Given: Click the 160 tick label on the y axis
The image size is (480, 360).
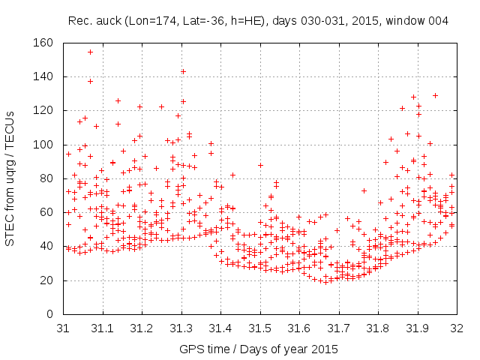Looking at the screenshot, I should [44, 43].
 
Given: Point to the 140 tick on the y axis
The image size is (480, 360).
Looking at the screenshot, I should [44, 76].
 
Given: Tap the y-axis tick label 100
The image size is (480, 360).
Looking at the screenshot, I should [44, 145].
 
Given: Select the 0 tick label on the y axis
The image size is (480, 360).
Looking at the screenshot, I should [49, 314].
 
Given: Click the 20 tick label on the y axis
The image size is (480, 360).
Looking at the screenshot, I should [47, 280].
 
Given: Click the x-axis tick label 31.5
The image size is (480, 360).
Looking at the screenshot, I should [259, 328].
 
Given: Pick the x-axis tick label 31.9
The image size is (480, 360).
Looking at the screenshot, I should [417, 328].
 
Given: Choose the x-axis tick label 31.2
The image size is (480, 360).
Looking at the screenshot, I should [142, 328].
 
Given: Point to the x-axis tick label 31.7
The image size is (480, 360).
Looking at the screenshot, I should [338, 328].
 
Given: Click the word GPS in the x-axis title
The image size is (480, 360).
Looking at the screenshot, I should [190, 349].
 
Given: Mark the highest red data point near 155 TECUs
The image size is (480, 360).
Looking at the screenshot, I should [90, 52].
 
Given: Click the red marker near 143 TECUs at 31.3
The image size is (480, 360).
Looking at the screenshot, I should [183, 72].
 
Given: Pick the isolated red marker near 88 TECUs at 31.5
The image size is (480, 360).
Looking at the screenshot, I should [260, 165].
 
